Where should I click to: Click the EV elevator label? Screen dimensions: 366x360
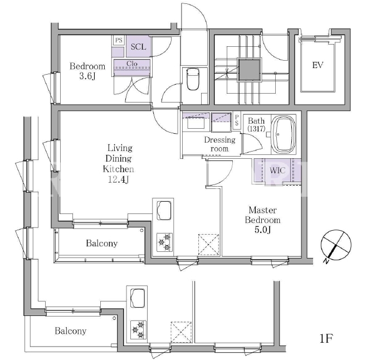pyautogui.click(x=318, y=65)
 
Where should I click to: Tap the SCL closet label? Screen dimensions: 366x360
pyautogui.click(x=138, y=47)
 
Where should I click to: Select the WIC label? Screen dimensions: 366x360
pyautogui.click(x=277, y=170)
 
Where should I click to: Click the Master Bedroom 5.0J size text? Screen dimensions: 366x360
pyautogui.click(x=262, y=230)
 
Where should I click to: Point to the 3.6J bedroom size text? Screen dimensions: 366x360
pyautogui.click(x=87, y=76)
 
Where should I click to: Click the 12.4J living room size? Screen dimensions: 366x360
pyautogui.click(x=118, y=179)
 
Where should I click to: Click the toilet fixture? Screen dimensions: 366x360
pyautogui.click(x=193, y=79)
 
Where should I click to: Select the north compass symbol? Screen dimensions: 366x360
pyautogui.click(x=335, y=246)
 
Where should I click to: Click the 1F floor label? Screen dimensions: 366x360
pyautogui.click(x=326, y=338)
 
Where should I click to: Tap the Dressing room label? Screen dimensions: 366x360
pyautogui.click(x=219, y=144)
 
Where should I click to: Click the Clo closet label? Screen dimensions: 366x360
pyautogui.click(x=132, y=64)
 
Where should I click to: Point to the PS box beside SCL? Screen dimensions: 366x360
pyautogui.click(x=119, y=40)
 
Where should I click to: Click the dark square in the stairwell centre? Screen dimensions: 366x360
pyautogui.click(x=249, y=70)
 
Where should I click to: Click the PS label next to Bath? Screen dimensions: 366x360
pyautogui.click(x=237, y=120)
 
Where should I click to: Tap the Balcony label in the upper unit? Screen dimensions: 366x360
pyautogui.click(x=102, y=244)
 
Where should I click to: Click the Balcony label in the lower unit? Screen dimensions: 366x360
pyautogui.click(x=71, y=331)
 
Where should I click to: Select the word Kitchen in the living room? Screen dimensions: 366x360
pyautogui.click(x=118, y=169)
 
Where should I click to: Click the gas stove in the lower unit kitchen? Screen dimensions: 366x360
pyautogui.click(x=138, y=330)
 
